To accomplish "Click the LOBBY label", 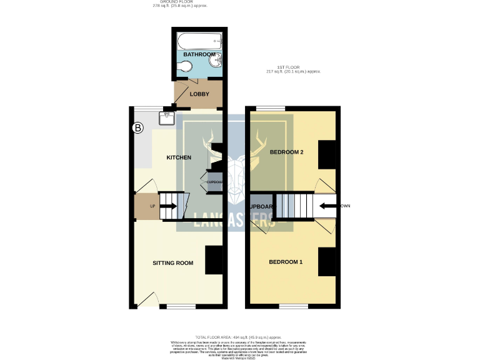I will tap(199, 94).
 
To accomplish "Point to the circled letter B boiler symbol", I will tap(139, 128).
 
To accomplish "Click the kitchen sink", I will tap(167, 115).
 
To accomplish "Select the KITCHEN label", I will tap(178, 157).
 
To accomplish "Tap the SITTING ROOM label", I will tap(173, 263).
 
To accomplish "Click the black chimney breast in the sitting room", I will tap(214, 261).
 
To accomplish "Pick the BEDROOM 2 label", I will tap(286, 152).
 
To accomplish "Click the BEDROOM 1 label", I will tap(286, 261).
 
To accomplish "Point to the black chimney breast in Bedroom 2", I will tap(328, 154).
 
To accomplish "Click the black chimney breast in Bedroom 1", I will tap(328, 262).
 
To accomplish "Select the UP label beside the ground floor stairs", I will tap(151, 206).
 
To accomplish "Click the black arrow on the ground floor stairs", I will tap(169, 206).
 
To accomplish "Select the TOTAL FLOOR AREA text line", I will tap(240, 337).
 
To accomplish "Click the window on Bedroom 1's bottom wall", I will tap(293, 306).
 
